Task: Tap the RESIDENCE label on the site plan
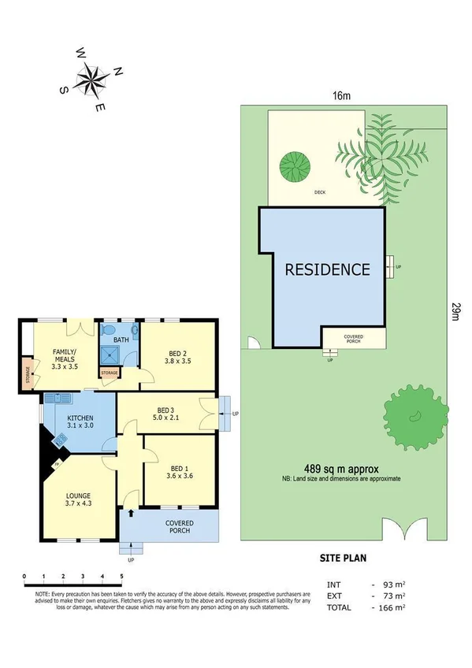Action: pos(327,269)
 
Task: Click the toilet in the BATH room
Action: pos(109,331)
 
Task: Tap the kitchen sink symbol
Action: pos(58,399)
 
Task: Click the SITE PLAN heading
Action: pos(343,559)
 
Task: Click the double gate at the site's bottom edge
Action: pos(405,530)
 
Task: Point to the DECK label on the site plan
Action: pos(318,191)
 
